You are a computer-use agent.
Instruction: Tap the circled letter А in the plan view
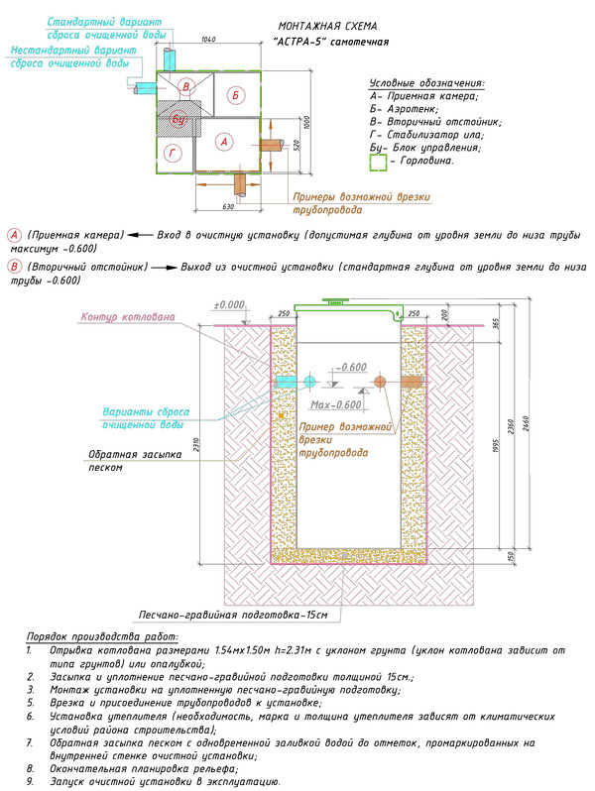225,143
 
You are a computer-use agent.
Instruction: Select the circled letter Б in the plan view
234,95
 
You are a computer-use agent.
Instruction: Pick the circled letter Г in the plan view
174,153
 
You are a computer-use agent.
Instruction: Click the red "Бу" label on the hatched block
179,119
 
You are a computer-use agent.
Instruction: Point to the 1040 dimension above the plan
207,39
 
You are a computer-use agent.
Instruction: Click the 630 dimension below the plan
227,206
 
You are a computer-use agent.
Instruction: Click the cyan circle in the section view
309,382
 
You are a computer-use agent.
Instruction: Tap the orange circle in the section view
380,382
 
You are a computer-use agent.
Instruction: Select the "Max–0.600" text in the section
335,404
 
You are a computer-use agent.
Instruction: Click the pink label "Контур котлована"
126,317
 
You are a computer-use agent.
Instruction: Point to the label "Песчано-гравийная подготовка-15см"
233,615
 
